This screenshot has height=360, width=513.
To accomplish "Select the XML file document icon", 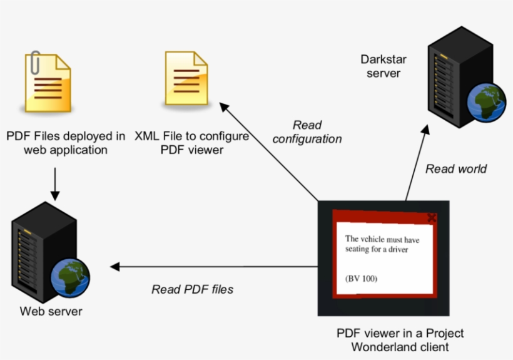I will tap(186, 79).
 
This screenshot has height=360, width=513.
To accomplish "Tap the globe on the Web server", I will tap(71, 277).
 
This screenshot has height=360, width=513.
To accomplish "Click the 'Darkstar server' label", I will tap(383, 66).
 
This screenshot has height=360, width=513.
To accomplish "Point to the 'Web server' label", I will tap(51, 311).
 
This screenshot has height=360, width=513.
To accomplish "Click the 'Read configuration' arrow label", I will tap(307, 132).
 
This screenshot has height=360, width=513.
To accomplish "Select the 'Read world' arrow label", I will tap(455, 168).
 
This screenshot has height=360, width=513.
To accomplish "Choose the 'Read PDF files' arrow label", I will tap(192, 289).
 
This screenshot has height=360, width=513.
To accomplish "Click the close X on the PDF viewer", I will tap(431, 218).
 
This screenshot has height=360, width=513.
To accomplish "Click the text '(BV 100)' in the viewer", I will tap(361, 279).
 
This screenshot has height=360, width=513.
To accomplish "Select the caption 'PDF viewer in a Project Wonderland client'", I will tap(400, 340).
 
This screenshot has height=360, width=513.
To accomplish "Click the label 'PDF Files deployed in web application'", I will tap(66, 143).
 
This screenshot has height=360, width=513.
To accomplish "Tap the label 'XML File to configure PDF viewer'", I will tap(192, 143).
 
